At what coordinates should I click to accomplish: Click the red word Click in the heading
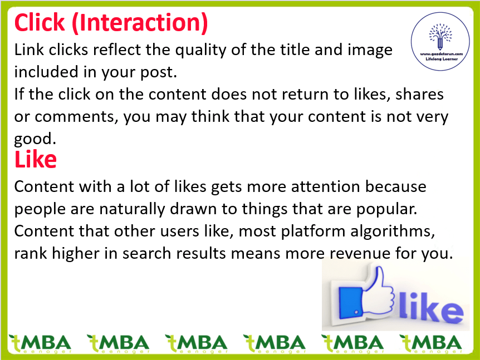40,23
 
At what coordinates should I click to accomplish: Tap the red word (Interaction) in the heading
140,23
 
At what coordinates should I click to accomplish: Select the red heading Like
36,159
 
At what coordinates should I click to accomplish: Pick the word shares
419,94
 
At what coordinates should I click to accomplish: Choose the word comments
76,117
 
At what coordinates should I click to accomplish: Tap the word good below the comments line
35,140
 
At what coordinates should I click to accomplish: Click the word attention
325,186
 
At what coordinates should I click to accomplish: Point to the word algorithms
393,231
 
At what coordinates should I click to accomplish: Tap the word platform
313,231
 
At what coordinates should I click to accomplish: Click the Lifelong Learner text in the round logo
442,59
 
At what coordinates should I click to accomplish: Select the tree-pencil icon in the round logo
440,37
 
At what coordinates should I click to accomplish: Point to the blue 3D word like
431,307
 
